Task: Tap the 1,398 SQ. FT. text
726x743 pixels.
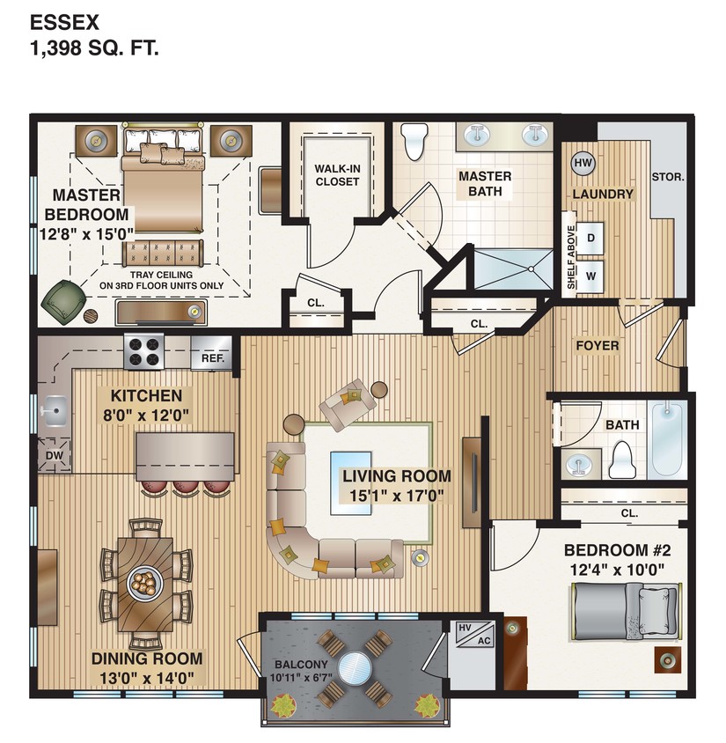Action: coord(95,49)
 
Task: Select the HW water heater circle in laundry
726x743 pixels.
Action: coord(583,162)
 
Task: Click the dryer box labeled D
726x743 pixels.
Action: coord(591,238)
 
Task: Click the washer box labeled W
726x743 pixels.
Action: coord(591,274)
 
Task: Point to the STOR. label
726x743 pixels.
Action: coord(668,176)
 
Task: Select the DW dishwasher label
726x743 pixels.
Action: coord(54,455)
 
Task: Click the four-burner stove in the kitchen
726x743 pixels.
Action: coord(145,352)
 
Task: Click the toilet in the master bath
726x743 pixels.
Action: coord(413,141)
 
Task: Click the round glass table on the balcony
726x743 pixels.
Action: coord(354,666)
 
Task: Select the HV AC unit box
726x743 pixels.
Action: coord(472,635)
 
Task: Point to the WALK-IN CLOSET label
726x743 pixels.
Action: coord(337,174)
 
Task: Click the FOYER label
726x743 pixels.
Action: coord(598,345)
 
